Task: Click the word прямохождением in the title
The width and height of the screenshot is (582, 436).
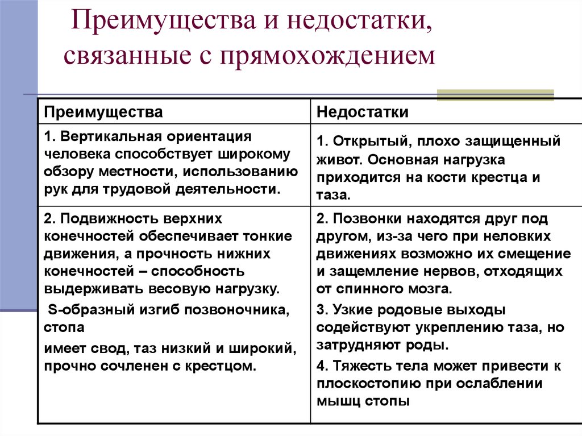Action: pos(328,56)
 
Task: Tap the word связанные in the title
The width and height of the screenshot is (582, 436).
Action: pos(127,56)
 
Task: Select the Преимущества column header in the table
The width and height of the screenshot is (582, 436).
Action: pos(103,112)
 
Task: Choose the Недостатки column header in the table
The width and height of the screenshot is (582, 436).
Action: pos(363,112)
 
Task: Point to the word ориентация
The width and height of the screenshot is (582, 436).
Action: pos(209,136)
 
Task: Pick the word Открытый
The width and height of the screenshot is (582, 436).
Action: pos(372,142)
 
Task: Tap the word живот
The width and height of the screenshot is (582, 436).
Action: pos(340,160)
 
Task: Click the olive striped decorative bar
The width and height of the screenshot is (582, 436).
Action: pos(495,95)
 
